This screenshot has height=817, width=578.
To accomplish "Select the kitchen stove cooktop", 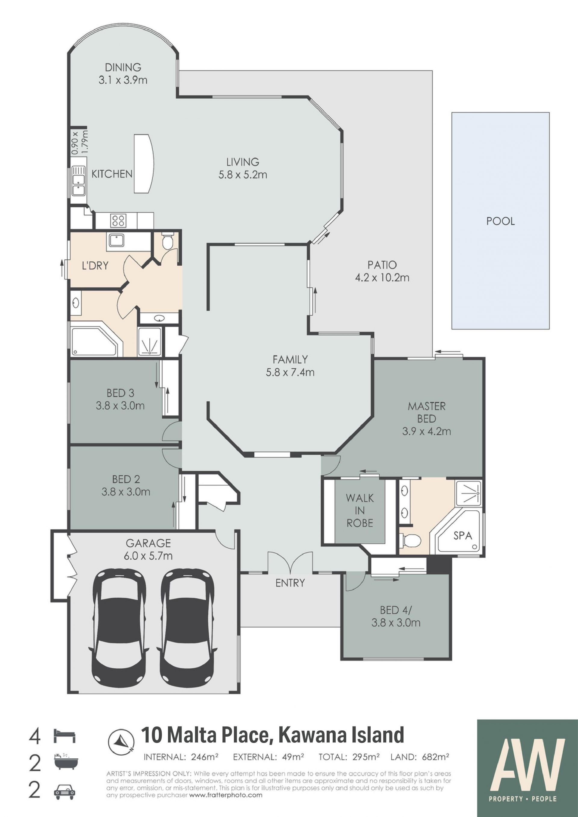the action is click(117, 220).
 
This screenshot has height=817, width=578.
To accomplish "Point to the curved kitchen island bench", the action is click(144, 164).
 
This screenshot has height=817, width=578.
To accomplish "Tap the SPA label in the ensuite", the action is click(463, 535).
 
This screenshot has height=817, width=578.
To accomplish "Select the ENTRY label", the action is click(290, 583).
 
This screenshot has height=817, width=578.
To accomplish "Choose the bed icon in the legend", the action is click(64, 735).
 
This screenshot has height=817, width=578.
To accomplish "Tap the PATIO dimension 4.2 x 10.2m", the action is click(382, 277).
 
